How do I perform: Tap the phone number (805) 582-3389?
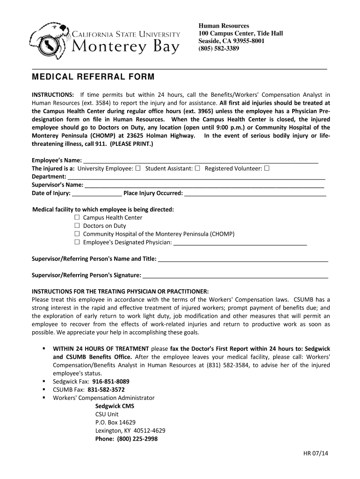(219, 48)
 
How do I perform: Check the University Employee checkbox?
(137, 168)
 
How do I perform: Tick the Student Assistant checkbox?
(197, 168)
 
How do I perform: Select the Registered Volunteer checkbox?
(266, 168)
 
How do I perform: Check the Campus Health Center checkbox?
(77, 218)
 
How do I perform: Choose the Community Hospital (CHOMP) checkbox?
(77, 234)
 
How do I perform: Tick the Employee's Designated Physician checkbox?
(77, 242)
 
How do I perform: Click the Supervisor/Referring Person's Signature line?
(235, 276)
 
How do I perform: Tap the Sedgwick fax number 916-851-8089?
(111, 381)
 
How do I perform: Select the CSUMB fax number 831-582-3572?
(106, 389)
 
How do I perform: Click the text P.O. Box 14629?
(115, 422)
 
